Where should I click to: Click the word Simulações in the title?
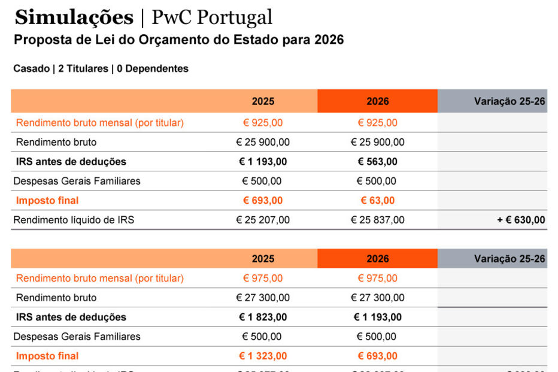coord(74,18)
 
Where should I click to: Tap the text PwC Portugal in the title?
coord(211,18)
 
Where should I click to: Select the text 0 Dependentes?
coord(153,69)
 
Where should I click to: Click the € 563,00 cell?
coord(377,162)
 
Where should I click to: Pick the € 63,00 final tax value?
coord(377,201)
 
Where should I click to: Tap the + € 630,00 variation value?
coord(521,220)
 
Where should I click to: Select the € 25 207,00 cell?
coord(263,220)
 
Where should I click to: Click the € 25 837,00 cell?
coord(377,220)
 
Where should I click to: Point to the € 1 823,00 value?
coord(263,317)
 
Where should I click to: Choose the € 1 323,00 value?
coord(263,356)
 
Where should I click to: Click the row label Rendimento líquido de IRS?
coord(74,220)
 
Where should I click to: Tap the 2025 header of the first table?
coord(263,101)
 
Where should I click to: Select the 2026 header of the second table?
coord(377,259)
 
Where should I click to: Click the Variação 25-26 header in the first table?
coord(510,101)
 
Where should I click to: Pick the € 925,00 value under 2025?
coord(263,123)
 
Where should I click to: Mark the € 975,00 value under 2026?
coord(377,279)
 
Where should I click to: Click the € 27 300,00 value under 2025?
coord(263,298)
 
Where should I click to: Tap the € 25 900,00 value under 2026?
coord(377,143)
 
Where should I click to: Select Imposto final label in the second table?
coord(47,356)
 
